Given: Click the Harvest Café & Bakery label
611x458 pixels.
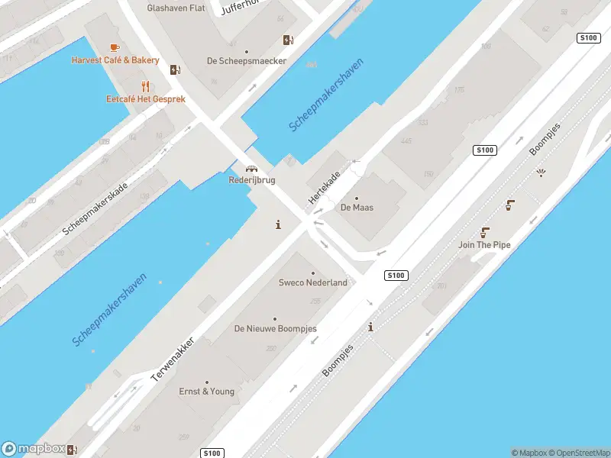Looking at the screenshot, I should coord(115,60).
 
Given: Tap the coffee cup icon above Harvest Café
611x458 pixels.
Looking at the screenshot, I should coord(115,47).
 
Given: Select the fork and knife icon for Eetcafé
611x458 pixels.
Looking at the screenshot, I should coord(144,86).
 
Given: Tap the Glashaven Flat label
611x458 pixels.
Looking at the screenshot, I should coord(176,8).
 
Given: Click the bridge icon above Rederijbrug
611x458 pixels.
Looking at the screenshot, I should coord(251,169).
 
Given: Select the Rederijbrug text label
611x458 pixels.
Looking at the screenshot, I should coord(252,180).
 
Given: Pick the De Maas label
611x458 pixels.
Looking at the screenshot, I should coord(357,207).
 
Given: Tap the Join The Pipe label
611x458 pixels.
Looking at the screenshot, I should coord(484,245).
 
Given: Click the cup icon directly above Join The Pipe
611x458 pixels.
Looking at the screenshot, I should coord(484,232).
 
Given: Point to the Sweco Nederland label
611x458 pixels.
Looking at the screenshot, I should coord(312,282).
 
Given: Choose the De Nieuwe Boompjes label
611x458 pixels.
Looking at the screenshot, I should coord(275,329).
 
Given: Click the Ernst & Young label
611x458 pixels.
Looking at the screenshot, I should coord(207,392).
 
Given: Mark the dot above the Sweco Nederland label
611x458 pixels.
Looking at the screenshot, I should coord(312,273).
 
